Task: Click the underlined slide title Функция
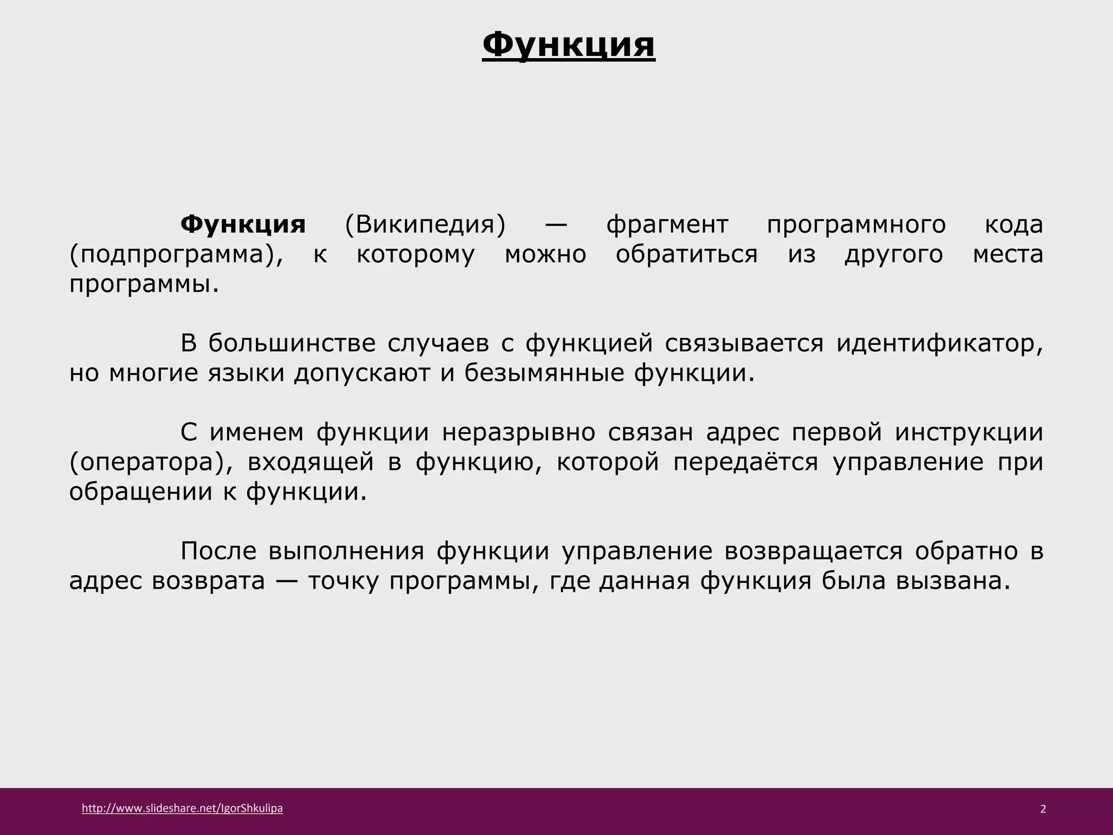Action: point(568,45)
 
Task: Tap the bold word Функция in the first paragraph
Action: point(243,225)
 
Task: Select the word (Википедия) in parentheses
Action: point(426,225)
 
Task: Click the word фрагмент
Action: point(667,225)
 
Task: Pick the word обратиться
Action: point(686,254)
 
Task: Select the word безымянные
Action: point(544,373)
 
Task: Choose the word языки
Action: point(246,373)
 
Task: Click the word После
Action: point(218,551)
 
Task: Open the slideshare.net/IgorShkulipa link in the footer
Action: point(182,808)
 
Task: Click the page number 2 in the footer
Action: point(1043,809)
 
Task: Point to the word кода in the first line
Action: point(1014,225)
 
